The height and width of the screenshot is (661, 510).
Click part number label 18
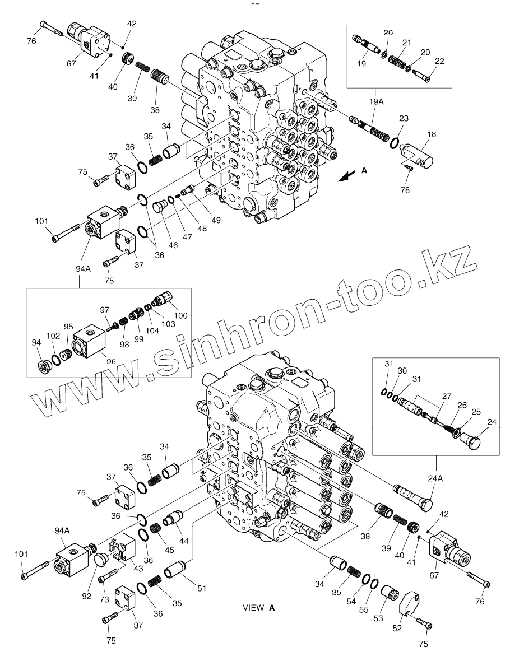tap(432, 136)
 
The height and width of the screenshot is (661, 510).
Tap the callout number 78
tap(405, 190)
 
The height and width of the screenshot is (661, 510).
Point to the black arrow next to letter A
tap(346, 176)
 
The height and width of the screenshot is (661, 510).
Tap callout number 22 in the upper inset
tap(439, 61)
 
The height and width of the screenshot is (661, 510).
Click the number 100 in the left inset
tap(180, 315)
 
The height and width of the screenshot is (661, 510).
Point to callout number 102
tap(53, 336)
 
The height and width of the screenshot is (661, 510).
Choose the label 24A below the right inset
tap(435, 478)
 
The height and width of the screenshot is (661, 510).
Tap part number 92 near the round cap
tap(86, 596)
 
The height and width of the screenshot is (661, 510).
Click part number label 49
tap(216, 220)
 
